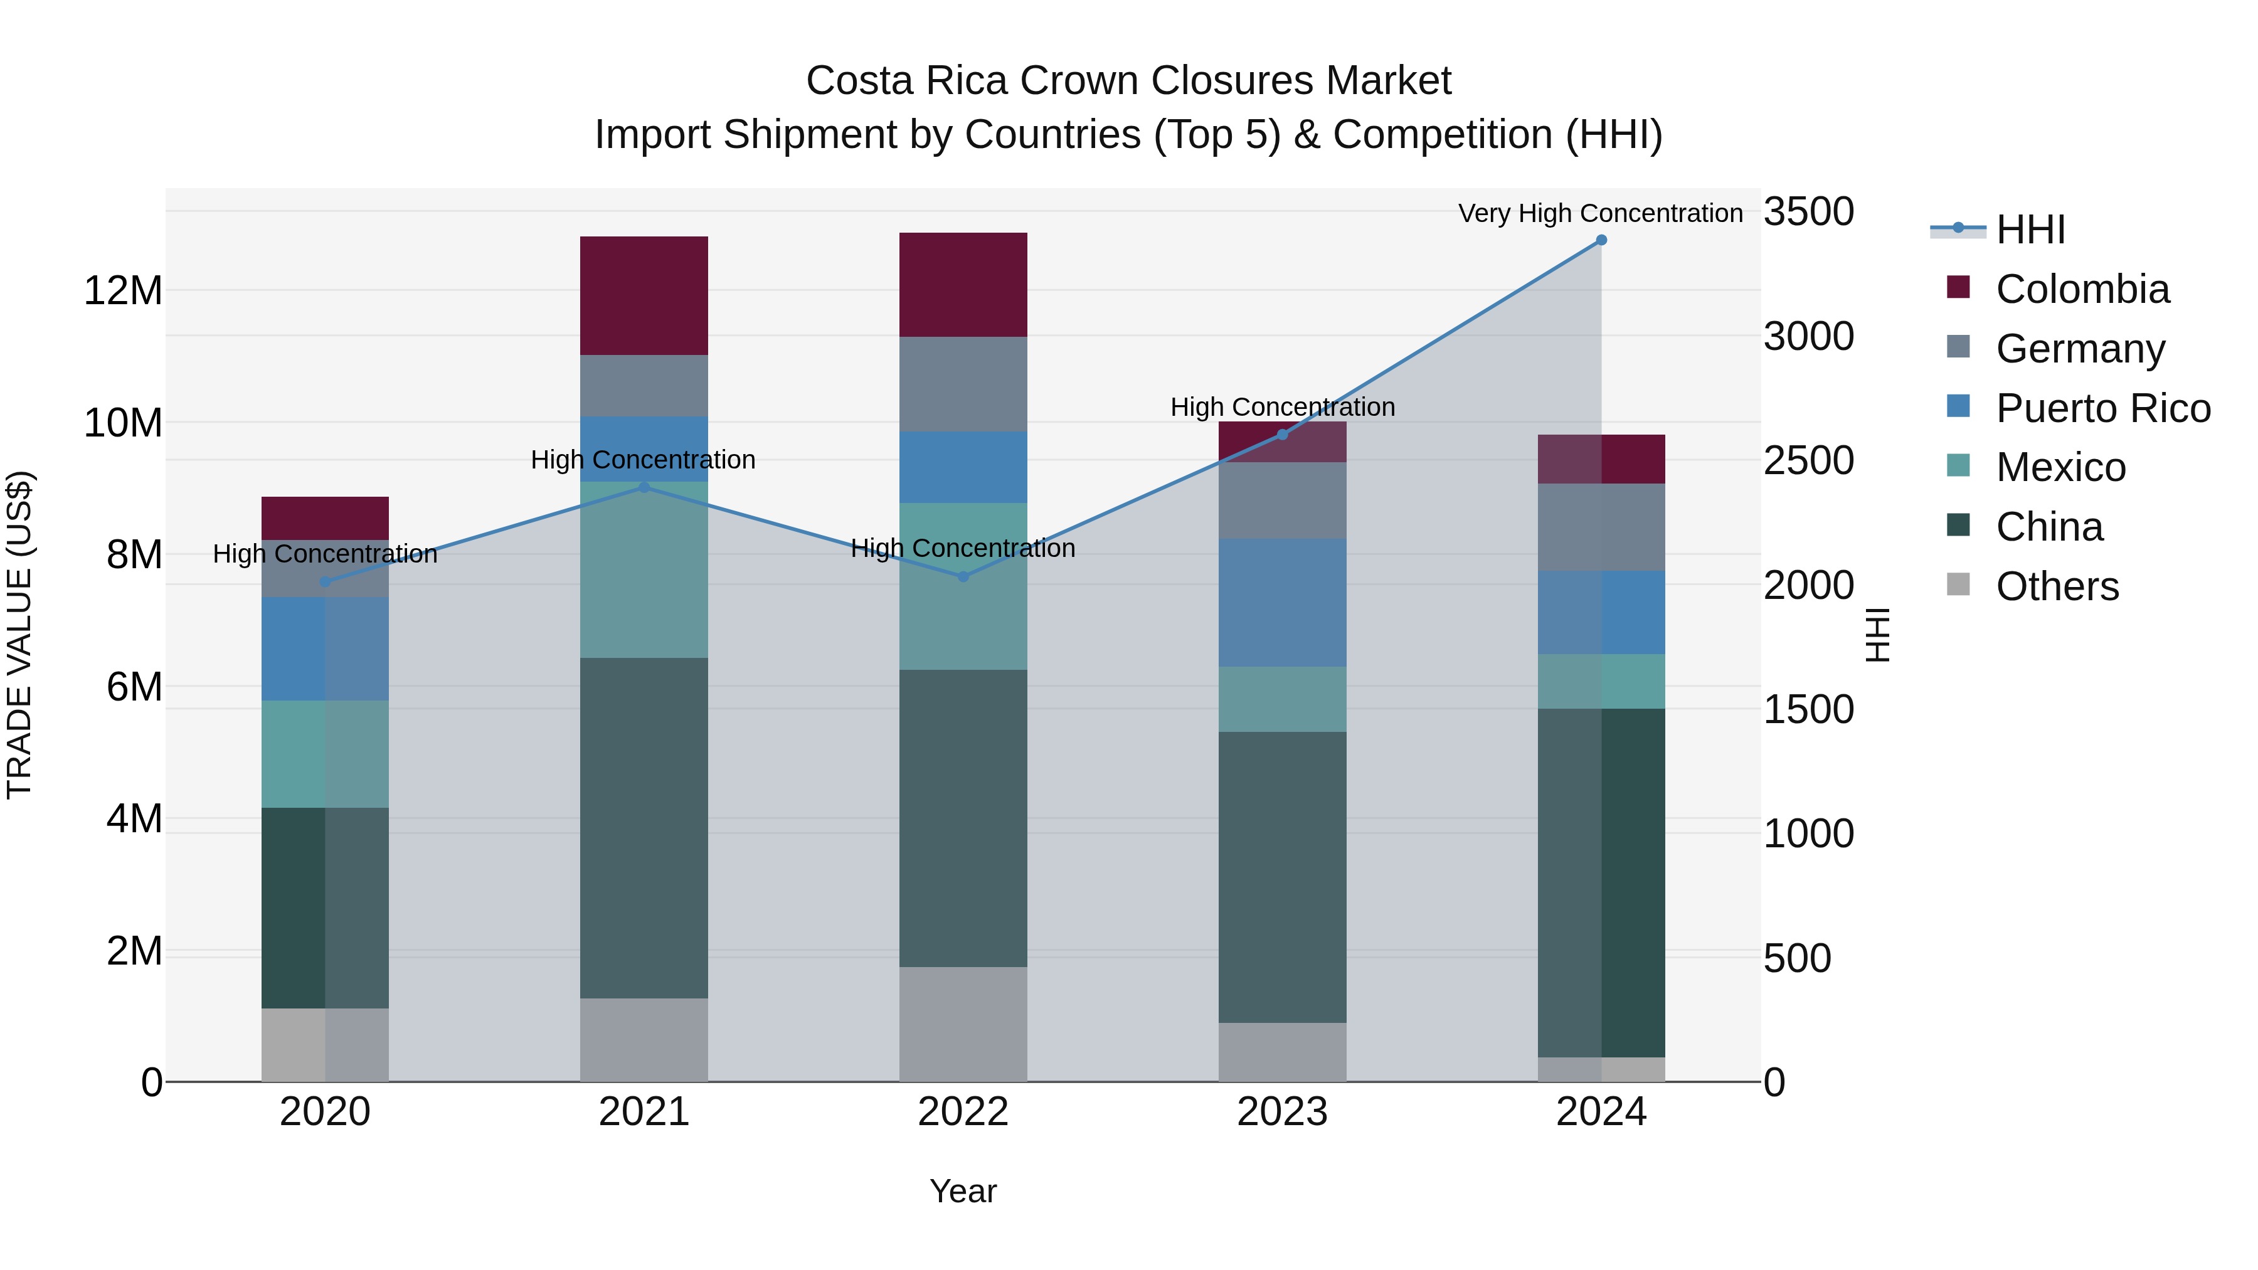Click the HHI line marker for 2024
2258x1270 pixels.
click(x=1601, y=240)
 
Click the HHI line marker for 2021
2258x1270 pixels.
click(x=644, y=487)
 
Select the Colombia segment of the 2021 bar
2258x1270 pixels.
click(x=644, y=295)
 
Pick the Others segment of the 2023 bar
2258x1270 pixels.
click(x=1283, y=1052)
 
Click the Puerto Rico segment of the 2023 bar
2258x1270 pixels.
click(x=1283, y=602)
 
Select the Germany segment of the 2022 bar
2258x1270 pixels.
click(x=963, y=384)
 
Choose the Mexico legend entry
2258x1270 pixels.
click(x=2060, y=467)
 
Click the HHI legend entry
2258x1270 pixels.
click(x=2030, y=230)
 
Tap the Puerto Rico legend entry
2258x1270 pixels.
click(x=2102, y=408)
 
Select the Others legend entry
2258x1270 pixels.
click(x=2057, y=586)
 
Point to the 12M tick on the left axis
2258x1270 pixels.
click(x=123, y=290)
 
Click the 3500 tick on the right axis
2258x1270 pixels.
click(x=1808, y=212)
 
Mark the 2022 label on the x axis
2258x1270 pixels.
click(x=963, y=1112)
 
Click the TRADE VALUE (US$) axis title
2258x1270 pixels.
click(x=19, y=635)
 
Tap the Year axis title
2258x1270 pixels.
click(x=963, y=1191)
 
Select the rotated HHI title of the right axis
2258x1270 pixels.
click(x=1877, y=635)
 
